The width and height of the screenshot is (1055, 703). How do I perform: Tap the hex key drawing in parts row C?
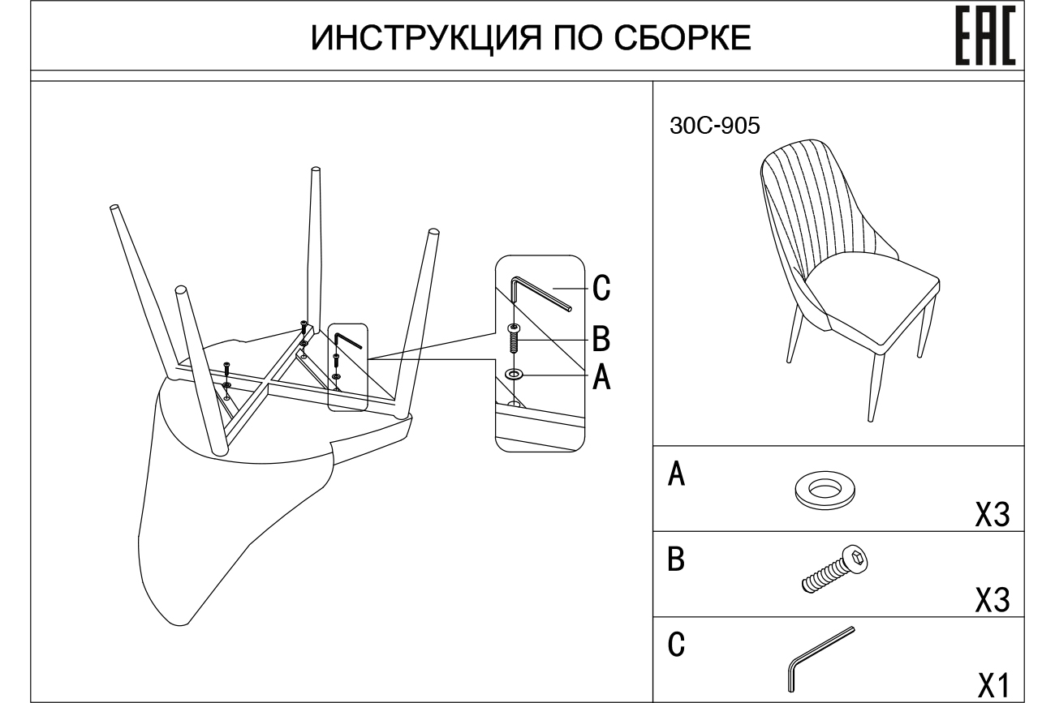tap(820, 656)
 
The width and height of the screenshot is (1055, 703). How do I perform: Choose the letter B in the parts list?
tap(675, 560)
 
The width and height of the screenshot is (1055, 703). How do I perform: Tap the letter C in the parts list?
tap(675, 646)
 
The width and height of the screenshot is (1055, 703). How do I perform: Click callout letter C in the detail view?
tap(601, 288)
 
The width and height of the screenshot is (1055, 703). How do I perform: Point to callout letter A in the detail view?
tap(601, 376)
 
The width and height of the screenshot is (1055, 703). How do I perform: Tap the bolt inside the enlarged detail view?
tap(514, 336)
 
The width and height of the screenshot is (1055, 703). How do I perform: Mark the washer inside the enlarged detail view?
tap(514, 375)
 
